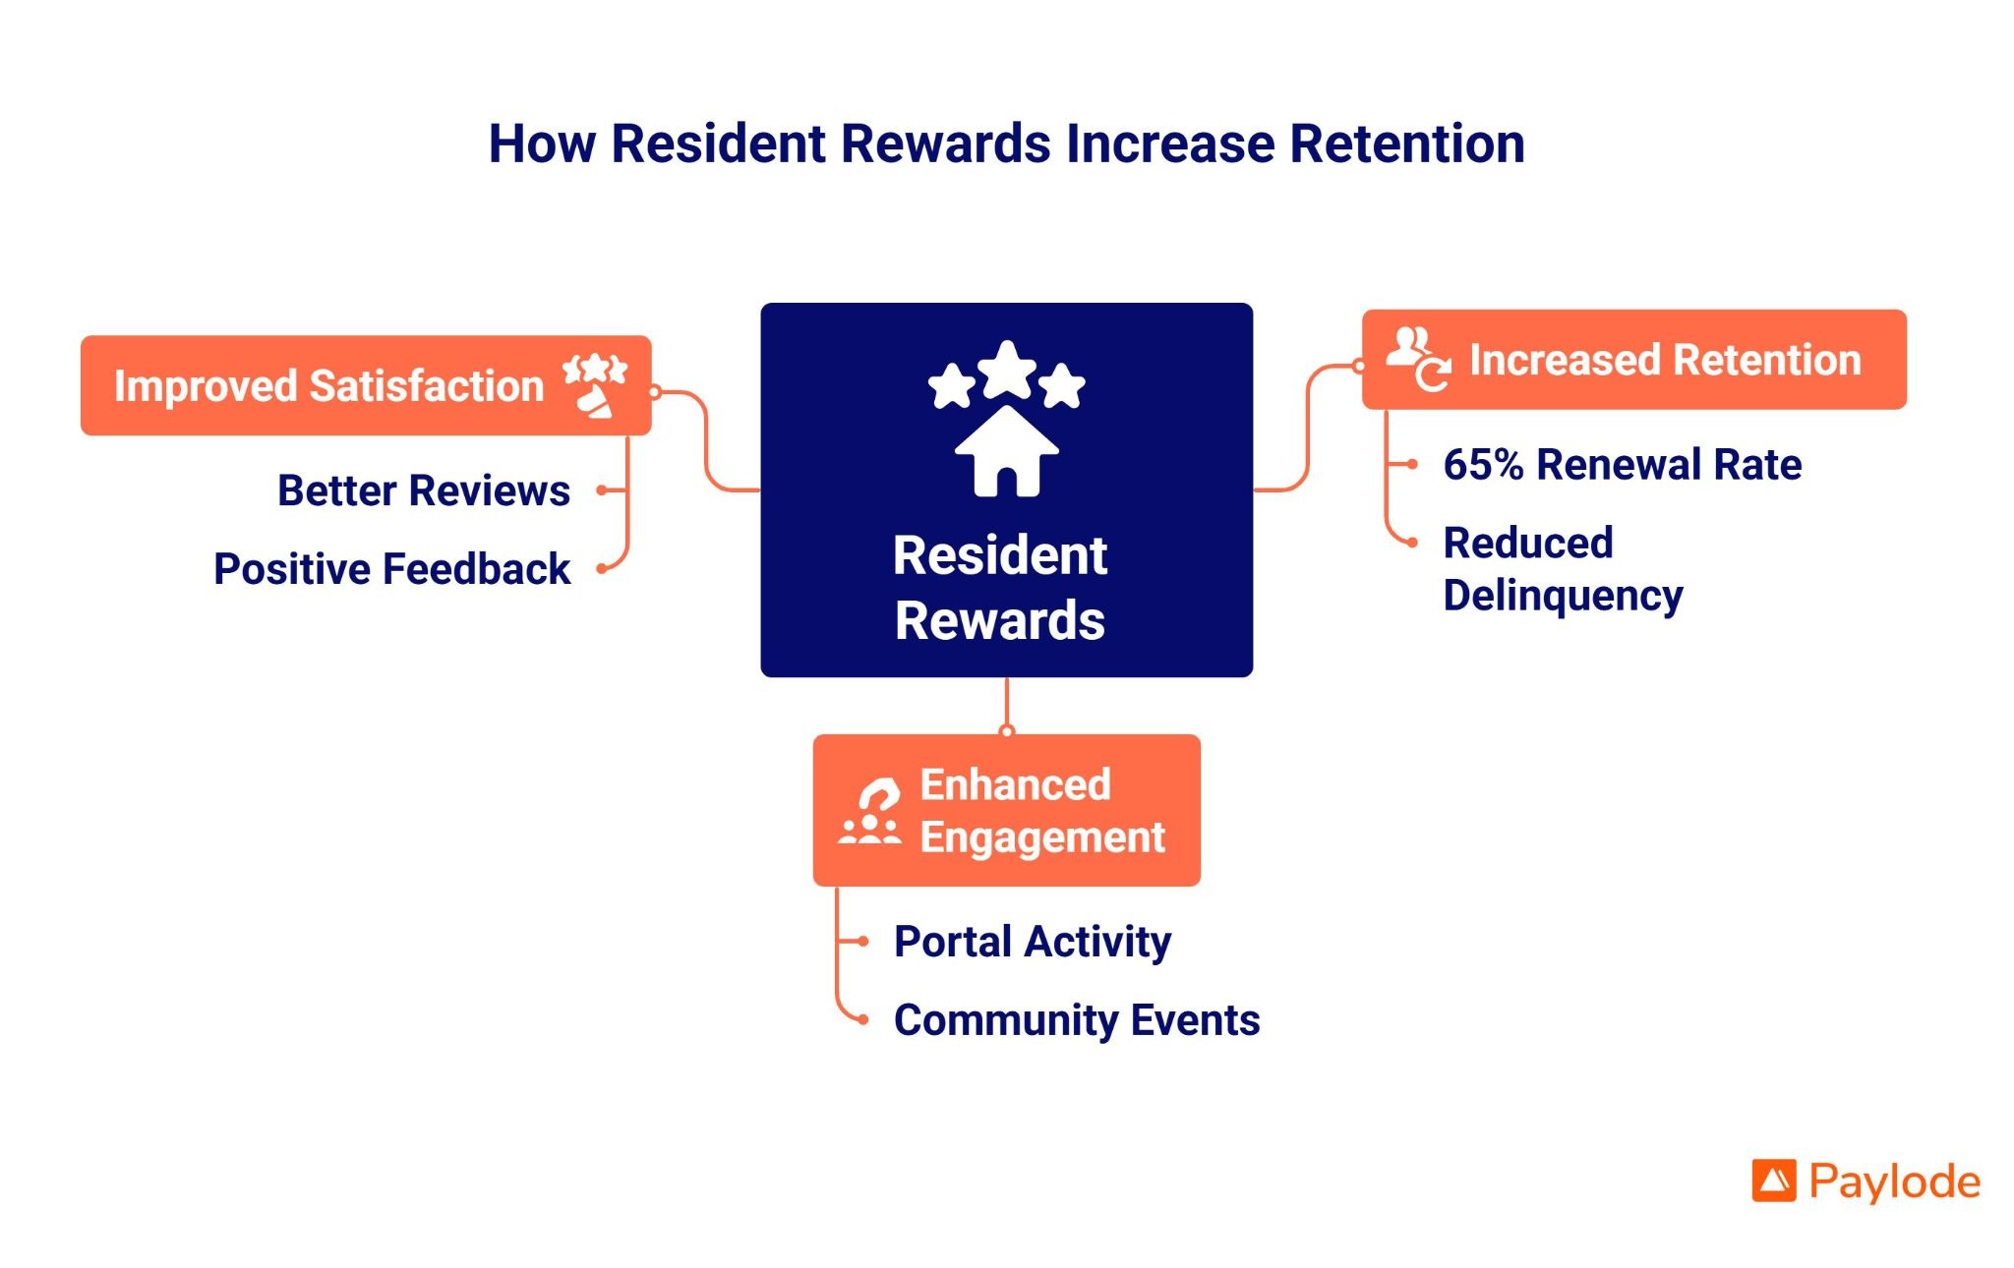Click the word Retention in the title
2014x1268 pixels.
1406,144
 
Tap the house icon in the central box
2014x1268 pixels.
1006,453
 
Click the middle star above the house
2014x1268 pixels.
1007,370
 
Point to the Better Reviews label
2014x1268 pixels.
423,490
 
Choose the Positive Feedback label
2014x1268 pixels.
391,569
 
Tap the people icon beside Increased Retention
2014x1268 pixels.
1417,359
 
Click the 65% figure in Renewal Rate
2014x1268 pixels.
1482,465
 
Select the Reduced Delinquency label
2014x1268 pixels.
1562,569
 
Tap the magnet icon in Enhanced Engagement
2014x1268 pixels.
870,812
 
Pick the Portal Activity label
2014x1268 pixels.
1032,942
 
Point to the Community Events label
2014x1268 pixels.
1076,1020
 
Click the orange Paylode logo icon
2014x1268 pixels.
1773,1182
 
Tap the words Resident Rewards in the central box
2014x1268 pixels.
1000,588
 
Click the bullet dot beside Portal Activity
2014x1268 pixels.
862,942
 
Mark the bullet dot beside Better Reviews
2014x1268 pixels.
602,490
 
